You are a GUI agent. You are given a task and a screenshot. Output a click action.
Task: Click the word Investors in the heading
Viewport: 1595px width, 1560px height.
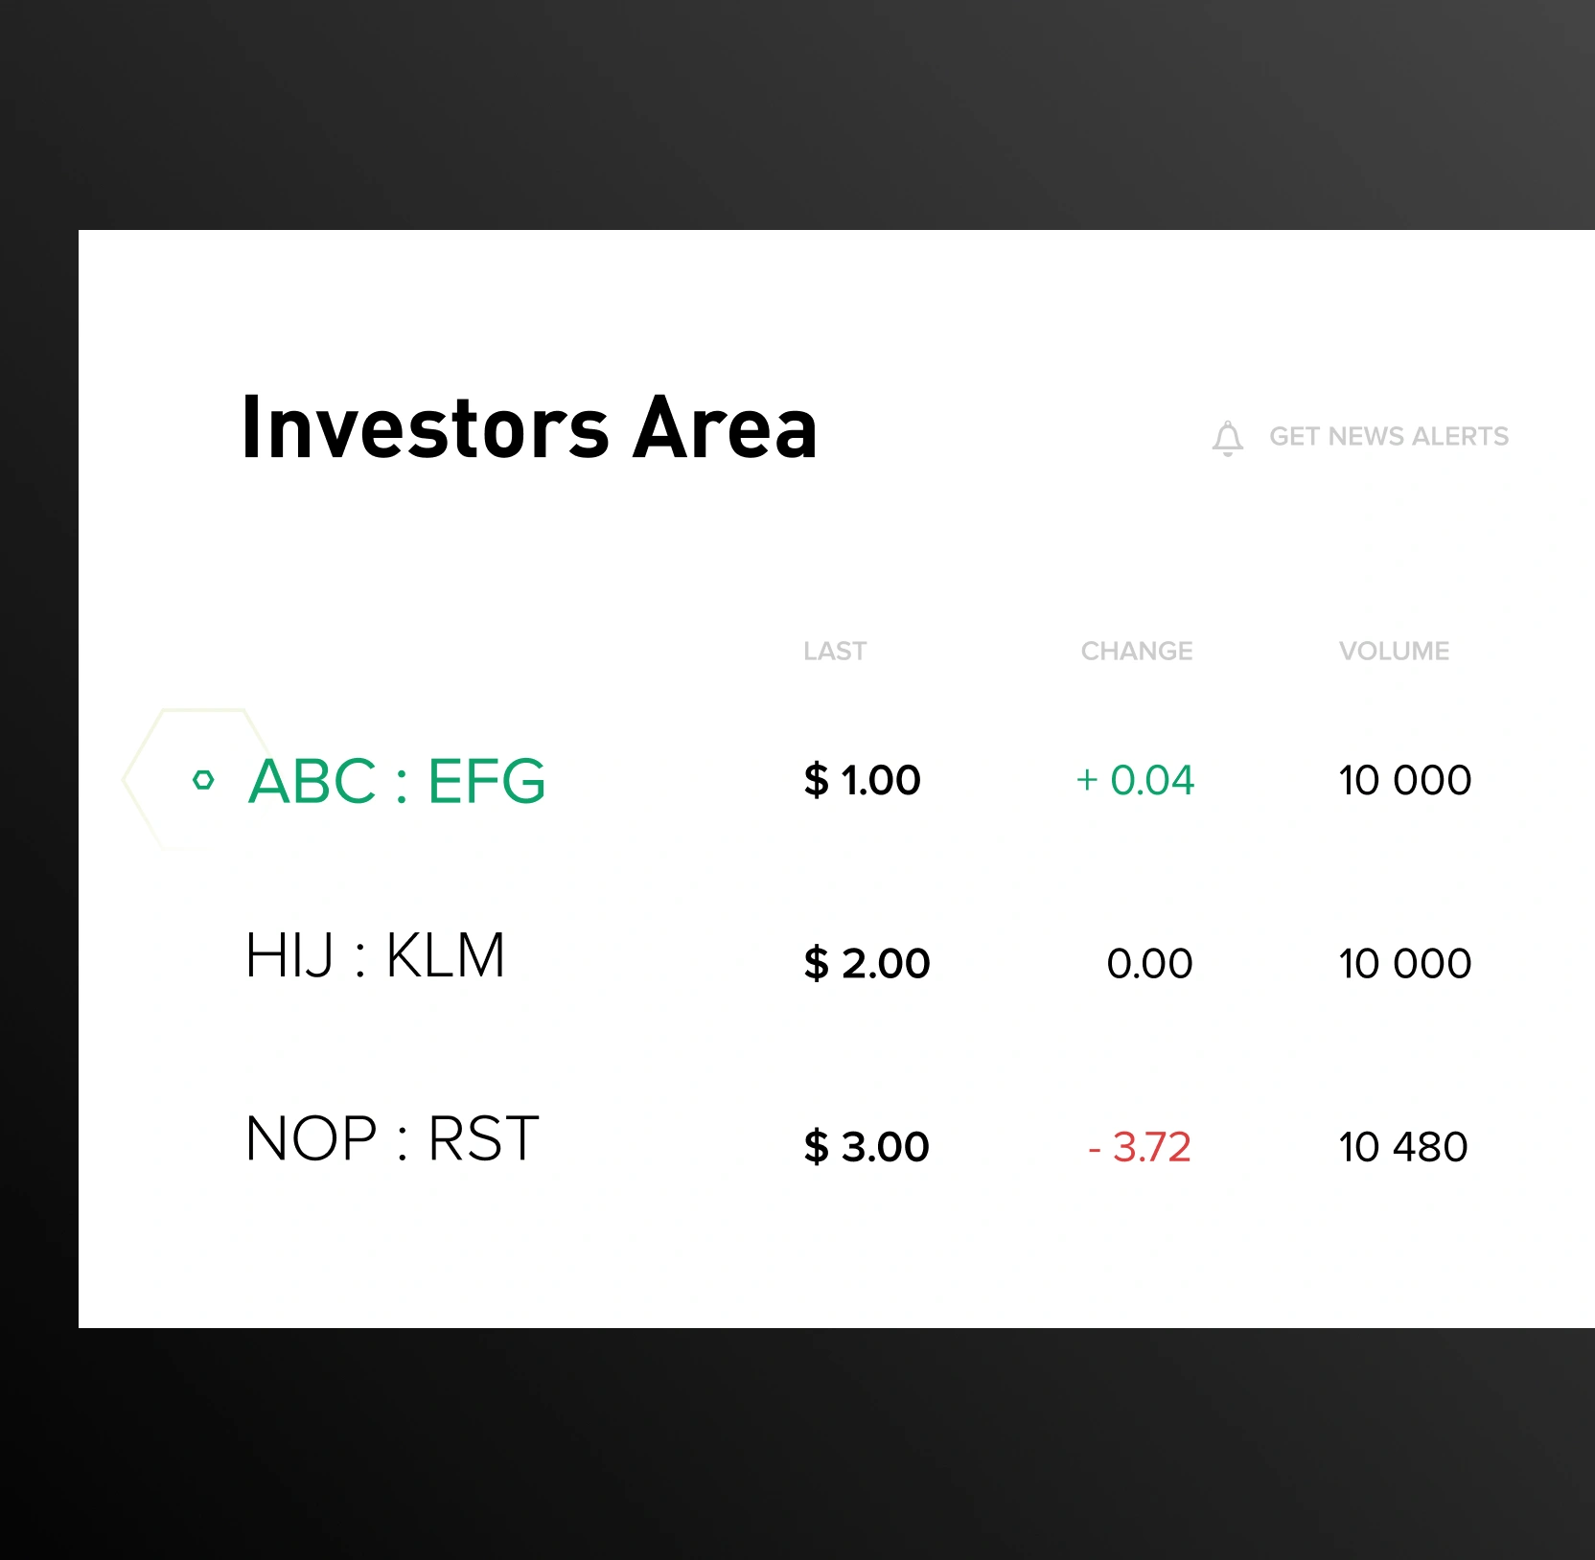click(426, 427)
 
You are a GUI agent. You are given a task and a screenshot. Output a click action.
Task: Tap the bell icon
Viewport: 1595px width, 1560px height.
click(1227, 438)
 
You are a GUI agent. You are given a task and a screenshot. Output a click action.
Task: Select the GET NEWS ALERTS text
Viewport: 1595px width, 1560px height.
click(1389, 437)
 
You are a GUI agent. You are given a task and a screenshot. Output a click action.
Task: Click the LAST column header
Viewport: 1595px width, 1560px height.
click(835, 652)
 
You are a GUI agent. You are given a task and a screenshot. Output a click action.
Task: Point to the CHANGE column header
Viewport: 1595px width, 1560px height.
click(1137, 652)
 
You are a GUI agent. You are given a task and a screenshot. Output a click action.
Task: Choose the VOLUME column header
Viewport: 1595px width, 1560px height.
click(1394, 652)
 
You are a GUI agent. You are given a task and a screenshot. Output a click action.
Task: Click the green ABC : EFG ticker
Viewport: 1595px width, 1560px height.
click(397, 780)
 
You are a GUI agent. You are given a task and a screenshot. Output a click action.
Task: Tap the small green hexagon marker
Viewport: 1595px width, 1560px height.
click(203, 780)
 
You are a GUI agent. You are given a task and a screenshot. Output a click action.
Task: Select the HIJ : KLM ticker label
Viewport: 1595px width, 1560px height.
click(375, 955)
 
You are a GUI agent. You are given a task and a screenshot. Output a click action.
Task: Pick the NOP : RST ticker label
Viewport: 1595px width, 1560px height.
click(392, 1138)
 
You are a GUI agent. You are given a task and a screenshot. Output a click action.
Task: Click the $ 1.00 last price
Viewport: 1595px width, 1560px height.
click(862, 780)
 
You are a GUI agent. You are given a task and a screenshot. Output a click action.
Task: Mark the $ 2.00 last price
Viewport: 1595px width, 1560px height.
click(867, 963)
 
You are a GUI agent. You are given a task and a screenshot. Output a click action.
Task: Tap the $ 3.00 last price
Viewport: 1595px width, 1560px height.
click(867, 1146)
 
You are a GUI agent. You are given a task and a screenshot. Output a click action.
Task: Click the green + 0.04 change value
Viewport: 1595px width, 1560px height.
click(1135, 780)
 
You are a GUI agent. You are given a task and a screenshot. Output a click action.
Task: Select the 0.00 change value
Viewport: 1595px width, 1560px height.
click(1149, 963)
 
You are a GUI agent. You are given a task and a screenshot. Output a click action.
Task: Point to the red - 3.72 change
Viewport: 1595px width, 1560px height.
click(1140, 1147)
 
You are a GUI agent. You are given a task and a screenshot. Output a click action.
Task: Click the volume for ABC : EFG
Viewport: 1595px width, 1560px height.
click(1405, 780)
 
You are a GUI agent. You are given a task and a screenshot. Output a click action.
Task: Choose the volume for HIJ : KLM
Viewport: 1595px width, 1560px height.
click(1405, 963)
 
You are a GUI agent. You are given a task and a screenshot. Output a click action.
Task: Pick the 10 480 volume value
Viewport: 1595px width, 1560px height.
click(1403, 1147)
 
